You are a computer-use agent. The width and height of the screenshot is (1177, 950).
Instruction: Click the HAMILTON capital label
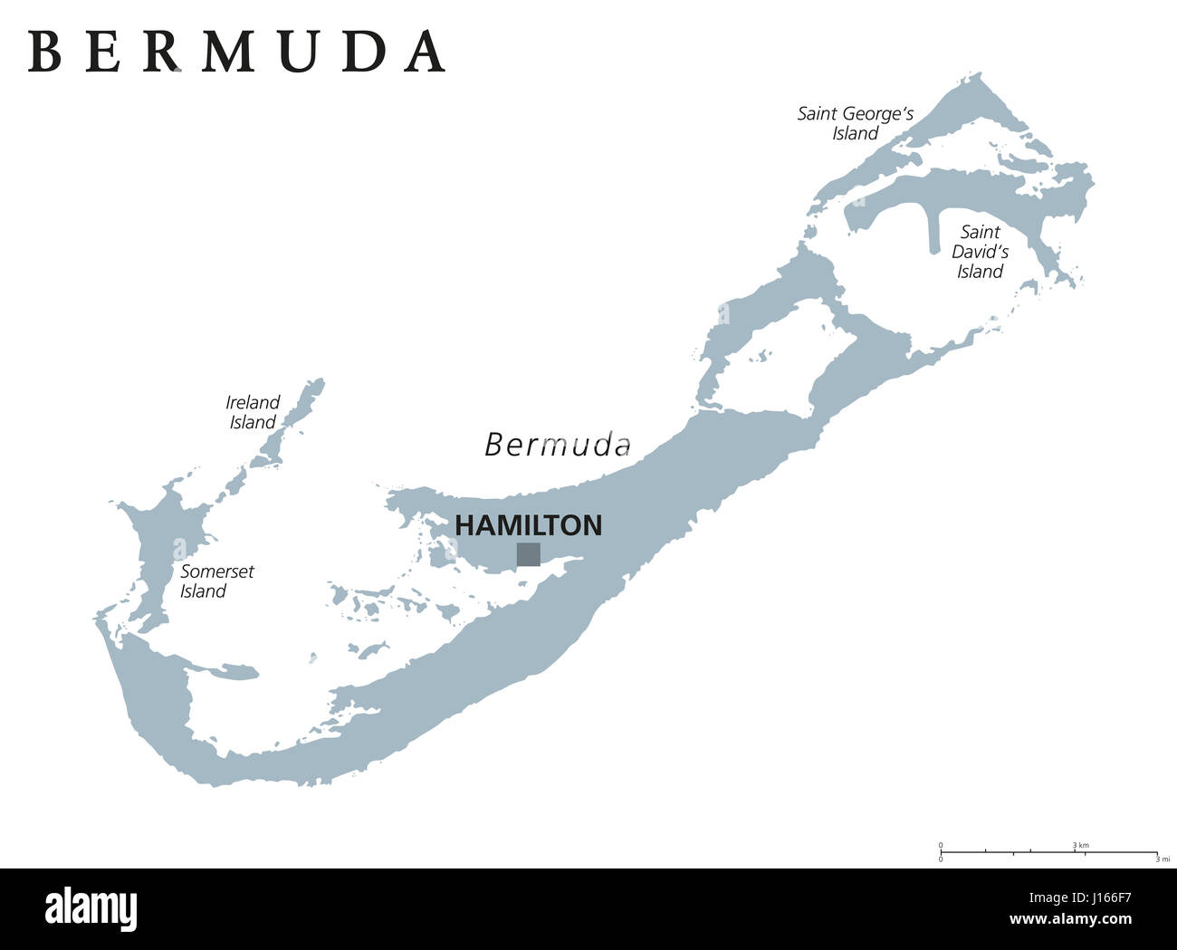point(528,525)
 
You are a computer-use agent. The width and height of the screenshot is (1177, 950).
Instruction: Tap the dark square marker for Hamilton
point(529,554)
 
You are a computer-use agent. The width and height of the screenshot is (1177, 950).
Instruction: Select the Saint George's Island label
point(856,124)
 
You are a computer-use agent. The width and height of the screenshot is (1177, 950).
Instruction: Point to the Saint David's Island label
point(981,252)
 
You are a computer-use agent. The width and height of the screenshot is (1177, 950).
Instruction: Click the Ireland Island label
point(253,412)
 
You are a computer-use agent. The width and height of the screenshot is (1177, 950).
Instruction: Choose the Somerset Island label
point(216,581)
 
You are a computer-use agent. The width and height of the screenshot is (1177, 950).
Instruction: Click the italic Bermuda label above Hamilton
point(558,445)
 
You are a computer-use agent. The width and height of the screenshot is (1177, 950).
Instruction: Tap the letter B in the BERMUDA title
point(44,52)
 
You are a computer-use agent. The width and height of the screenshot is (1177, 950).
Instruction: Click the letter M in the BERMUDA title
point(226,52)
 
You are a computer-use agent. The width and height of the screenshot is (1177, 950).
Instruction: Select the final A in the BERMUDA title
point(425,52)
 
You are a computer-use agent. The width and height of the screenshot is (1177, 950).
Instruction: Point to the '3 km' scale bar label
point(1081,845)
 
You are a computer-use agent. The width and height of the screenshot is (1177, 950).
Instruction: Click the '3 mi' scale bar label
point(1164,859)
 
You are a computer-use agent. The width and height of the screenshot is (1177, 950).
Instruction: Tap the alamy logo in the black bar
point(91,909)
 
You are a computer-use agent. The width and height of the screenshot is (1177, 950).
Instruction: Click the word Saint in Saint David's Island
point(981,232)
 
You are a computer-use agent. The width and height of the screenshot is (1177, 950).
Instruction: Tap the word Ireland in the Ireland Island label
point(253,402)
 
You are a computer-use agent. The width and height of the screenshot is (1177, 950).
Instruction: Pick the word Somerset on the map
point(217,571)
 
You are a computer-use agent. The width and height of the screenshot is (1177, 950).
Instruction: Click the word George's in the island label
point(879,114)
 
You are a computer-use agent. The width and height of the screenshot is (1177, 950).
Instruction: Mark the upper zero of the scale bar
point(941,845)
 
